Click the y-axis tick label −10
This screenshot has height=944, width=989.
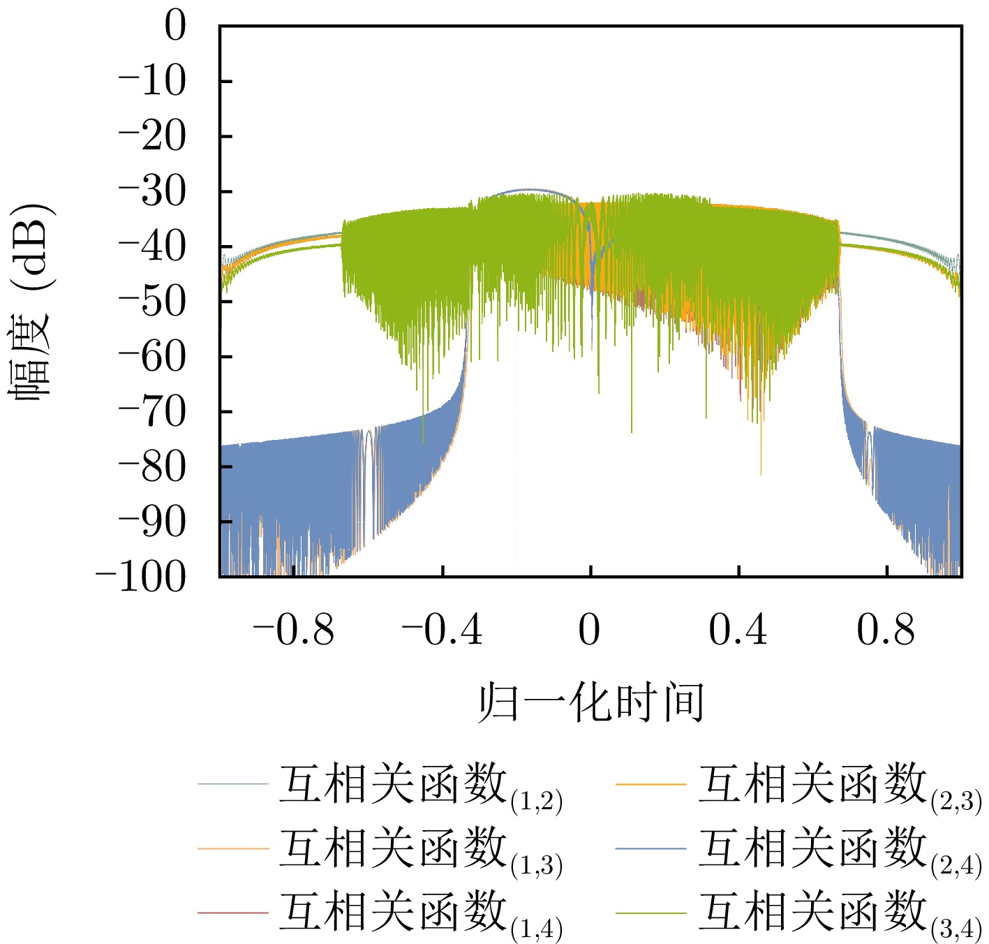tap(152, 82)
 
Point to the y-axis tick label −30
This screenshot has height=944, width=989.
tap(152, 192)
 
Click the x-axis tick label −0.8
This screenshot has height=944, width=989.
tap(294, 630)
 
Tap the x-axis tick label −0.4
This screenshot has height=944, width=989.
tap(442, 630)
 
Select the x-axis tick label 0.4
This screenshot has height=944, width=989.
tap(738, 630)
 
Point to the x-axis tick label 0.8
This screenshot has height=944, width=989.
tap(886, 630)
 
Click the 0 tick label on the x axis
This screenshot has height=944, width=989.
tap(590, 630)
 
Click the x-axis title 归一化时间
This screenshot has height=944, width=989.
tap(590, 702)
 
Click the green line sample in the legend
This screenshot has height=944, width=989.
tap(651, 913)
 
